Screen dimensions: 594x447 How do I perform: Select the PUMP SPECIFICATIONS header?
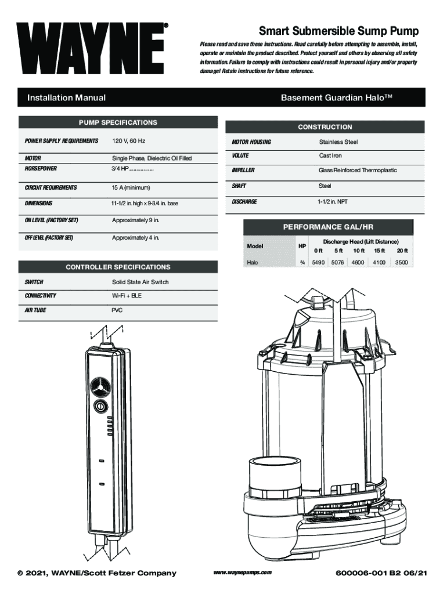pos(118,123)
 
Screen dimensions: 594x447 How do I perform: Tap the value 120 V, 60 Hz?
pos(129,141)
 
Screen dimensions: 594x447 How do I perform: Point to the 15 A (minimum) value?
pos(131,188)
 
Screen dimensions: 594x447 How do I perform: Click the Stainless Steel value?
pos(338,142)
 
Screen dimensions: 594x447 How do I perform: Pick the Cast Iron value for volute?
pos(330,155)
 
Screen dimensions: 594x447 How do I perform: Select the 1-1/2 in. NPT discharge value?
pos(333,202)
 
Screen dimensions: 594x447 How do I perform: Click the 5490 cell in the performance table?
pos(318,263)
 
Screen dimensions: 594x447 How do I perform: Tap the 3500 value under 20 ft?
pos(402,263)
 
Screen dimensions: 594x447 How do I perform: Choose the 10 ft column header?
pos(359,251)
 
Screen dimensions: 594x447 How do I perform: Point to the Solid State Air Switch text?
pos(140,282)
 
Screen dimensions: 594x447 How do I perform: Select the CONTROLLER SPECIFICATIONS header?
pos(118,267)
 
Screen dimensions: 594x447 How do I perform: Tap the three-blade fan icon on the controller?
pos(99,386)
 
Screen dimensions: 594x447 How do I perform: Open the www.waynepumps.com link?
pos(243,573)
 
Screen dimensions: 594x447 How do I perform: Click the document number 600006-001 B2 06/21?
pos(381,573)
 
